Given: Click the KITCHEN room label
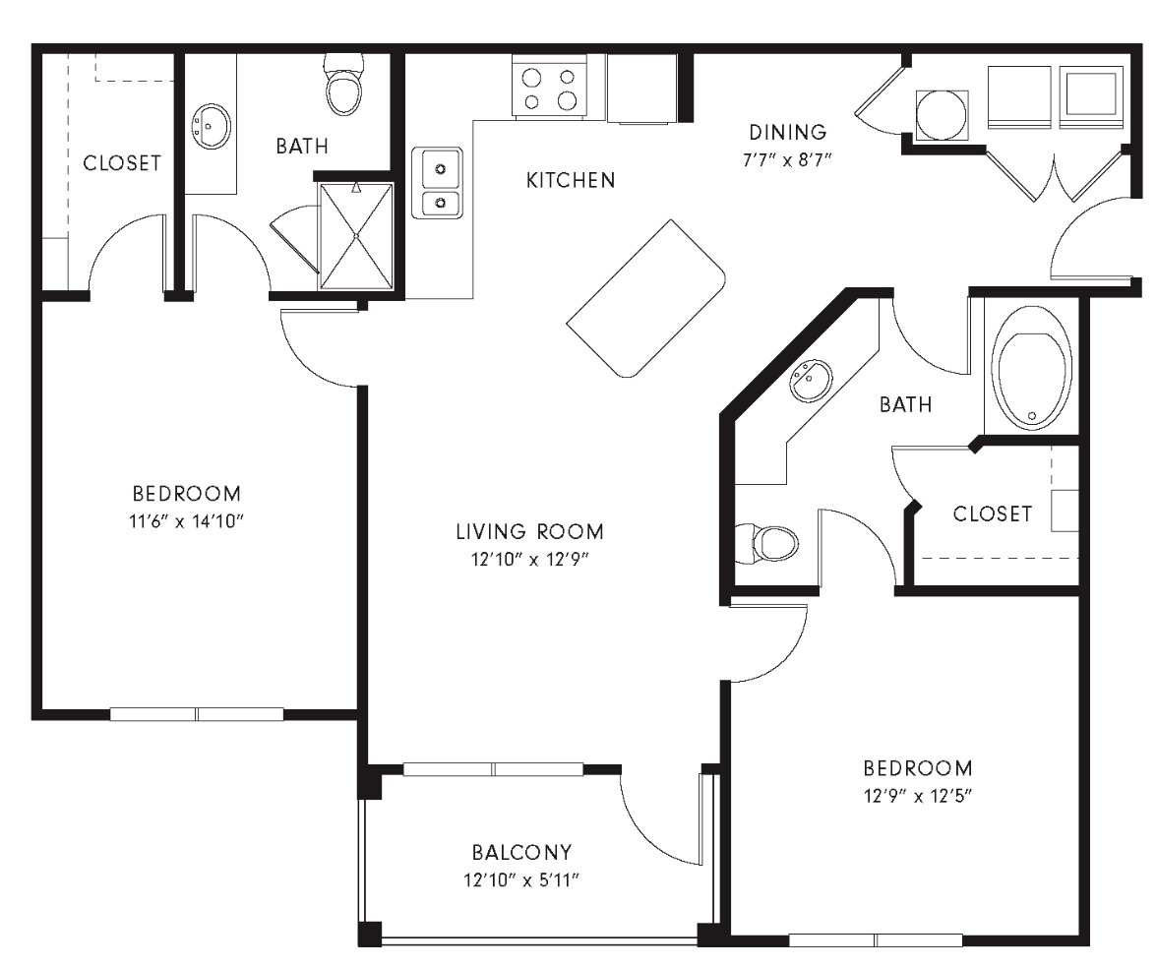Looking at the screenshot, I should (x=571, y=180).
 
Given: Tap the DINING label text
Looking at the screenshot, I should (x=787, y=132).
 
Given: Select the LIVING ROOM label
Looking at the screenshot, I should (x=529, y=532).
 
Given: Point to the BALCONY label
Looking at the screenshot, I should (x=521, y=852).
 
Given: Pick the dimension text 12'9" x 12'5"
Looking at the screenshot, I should (x=917, y=796).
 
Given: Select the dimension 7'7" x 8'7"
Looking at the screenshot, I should (x=787, y=159).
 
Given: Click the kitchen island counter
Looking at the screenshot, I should (x=646, y=298).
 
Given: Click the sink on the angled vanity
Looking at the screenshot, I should (x=811, y=381).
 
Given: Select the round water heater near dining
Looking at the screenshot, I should (x=942, y=115).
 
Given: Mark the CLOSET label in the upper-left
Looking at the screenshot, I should (x=121, y=163).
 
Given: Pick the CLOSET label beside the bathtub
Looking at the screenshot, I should (x=992, y=514).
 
